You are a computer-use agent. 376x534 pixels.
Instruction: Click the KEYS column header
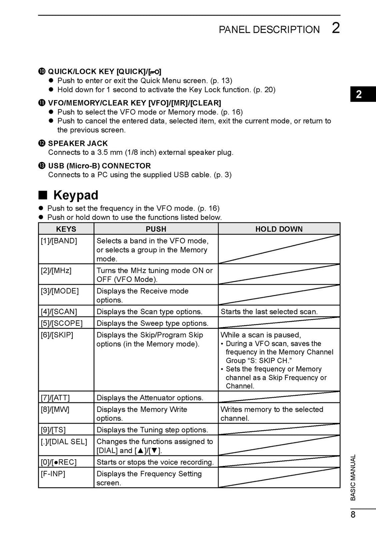66,229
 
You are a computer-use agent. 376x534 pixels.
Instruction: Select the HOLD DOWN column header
279,229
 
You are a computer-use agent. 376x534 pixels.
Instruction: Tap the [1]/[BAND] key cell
59,241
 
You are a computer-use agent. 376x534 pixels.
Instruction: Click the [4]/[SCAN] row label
59,311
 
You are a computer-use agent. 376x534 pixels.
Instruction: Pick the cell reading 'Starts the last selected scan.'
269,311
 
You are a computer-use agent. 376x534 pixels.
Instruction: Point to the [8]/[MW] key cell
55,409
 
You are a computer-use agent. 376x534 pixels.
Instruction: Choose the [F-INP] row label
53,474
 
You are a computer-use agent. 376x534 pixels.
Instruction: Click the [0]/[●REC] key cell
59,462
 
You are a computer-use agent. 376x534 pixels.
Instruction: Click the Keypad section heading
76,195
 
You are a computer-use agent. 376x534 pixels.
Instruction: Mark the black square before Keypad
43,195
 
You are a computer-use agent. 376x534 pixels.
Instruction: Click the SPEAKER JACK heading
78,143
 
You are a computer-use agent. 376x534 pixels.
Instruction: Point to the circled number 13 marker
42,166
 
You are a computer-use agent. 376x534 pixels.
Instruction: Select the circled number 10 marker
42,72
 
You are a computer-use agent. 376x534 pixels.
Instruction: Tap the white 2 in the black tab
359,95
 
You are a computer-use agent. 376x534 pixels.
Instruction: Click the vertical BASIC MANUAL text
353,477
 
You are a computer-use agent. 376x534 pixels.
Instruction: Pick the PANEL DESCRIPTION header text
269,29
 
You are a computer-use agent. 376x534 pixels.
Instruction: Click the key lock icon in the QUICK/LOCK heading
155,72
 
